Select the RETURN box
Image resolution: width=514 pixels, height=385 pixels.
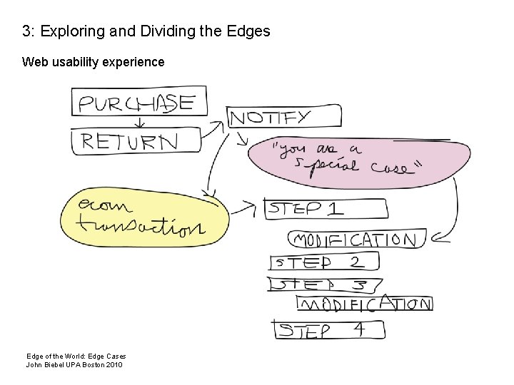pyautogui.click(x=134, y=140)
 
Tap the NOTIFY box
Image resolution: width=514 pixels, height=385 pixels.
pyautogui.click(x=270, y=118)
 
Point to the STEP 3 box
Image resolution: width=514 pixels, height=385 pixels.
pyautogui.click(x=325, y=284)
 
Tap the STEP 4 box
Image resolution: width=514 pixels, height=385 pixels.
pyautogui.click(x=329, y=330)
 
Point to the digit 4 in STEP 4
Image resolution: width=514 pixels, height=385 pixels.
pyautogui.click(x=361, y=329)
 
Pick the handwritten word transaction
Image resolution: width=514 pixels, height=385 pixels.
pyautogui.click(x=141, y=227)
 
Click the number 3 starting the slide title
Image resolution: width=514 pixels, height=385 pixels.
pyautogui.click(x=26, y=31)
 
